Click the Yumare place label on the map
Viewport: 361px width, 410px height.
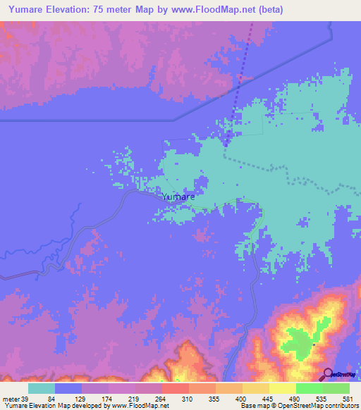(x=178, y=197)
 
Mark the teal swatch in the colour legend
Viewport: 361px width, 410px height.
(x=42, y=389)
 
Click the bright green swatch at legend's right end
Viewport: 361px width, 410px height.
(x=336, y=389)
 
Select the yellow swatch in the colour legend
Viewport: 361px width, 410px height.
(x=283, y=389)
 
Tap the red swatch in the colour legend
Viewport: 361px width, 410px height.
(x=176, y=389)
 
